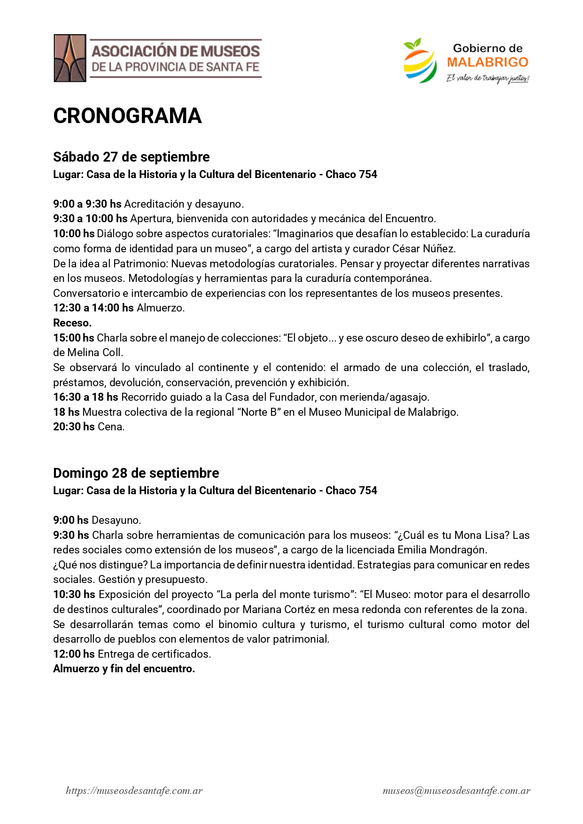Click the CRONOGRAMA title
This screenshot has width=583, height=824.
pyautogui.click(x=127, y=116)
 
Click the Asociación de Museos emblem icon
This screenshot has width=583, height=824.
pyautogui.click(x=70, y=58)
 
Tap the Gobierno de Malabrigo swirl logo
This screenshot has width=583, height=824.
pyautogui.click(x=419, y=61)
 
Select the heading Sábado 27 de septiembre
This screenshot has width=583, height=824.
pyautogui.click(x=132, y=157)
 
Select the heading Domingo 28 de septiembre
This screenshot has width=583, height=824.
pyautogui.click(x=136, y=473)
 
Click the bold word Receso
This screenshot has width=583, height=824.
pyautogui.click(x=72, y=323)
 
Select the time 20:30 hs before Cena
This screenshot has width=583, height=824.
pyautogui.click(x=74, y=427)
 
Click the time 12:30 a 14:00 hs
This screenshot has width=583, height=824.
pyautogui.click(x=93, y=308)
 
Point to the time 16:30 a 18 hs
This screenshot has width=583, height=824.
pyautogui.click(x=86, y=397)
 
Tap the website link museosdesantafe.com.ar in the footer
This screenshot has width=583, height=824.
pyautogui.click(x=134, y=791)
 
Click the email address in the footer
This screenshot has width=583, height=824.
pyautogui.click(x=457, y=791)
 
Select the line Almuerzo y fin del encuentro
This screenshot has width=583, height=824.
pyautogui.click(x=124, y=669)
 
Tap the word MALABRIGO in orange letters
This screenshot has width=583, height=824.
pyautogui.click(x=488, y=62)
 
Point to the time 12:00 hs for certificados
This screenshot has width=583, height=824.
pyautogui.click(x=74, y=654)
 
